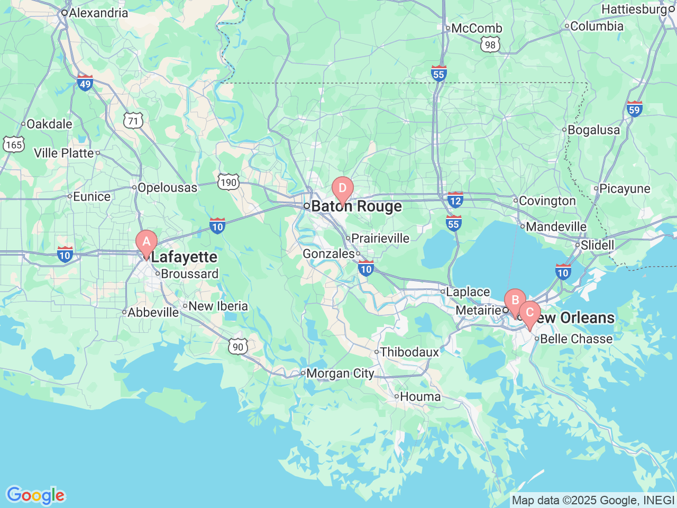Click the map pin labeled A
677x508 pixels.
coord(147,242)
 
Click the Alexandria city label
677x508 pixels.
coord(98,13)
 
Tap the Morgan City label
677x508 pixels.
coord(340,374)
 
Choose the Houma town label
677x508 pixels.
coord(420,396)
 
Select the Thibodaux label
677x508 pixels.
coord(409,352)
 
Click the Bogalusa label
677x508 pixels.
coord(593,130)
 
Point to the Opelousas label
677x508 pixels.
coord(167,188)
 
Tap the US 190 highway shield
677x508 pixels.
coord(228,183)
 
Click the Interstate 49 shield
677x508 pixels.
coord(85,83)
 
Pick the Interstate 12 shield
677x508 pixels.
coord(455,200)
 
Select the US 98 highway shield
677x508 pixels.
coord(490,45)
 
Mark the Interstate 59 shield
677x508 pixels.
coord(634,110)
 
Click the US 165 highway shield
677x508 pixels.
coord(13,144)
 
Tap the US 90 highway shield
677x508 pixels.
coord(238,347)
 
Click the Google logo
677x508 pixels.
coord(35,496)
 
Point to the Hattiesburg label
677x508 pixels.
coord(634,10)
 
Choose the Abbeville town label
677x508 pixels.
coord(153,313)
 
